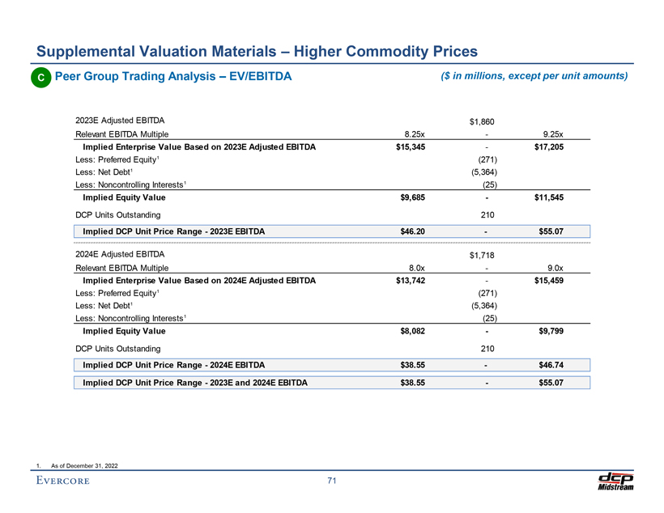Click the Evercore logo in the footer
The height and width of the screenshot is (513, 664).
(63, 482)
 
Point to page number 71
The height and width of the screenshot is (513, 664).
(332, 483)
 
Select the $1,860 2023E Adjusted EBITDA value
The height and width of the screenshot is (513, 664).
(484, 122)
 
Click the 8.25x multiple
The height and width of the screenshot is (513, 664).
(415, 134)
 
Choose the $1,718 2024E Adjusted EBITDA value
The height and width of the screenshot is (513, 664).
(484, 256)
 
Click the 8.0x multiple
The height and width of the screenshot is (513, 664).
(416, 268)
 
